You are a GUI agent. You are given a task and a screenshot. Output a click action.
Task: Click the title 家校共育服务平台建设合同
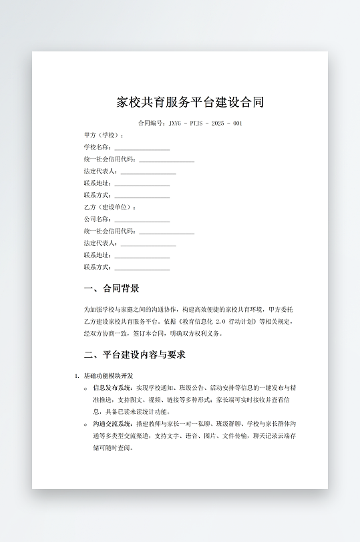(190, 102)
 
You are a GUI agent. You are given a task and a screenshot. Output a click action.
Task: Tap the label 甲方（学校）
(104, 135)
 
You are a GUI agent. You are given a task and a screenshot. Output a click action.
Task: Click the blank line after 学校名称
(142, 148)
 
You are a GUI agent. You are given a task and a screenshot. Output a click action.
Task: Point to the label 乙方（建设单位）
(110, 208)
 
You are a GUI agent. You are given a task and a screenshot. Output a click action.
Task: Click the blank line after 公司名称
(142, 220)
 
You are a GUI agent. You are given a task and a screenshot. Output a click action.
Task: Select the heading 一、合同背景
(112, 289)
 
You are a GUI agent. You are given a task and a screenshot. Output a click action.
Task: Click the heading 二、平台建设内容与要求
(134, 354)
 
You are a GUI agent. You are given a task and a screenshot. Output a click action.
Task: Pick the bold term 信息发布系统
(114, 387)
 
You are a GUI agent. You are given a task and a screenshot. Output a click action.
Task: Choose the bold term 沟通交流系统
(114, 424)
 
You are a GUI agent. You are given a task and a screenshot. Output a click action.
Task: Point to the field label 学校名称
(97, 148)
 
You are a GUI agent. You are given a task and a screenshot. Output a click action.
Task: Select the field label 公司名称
(97, 220)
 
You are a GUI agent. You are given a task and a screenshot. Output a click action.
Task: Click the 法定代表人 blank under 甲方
(148, 172)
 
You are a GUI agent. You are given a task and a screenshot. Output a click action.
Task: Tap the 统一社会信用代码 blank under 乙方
(166, 232)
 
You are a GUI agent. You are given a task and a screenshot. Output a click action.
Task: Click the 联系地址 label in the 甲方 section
(97, 184)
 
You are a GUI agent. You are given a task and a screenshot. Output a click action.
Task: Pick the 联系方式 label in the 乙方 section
(97, 268)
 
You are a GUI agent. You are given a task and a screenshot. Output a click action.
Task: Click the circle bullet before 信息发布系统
(85, 388)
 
